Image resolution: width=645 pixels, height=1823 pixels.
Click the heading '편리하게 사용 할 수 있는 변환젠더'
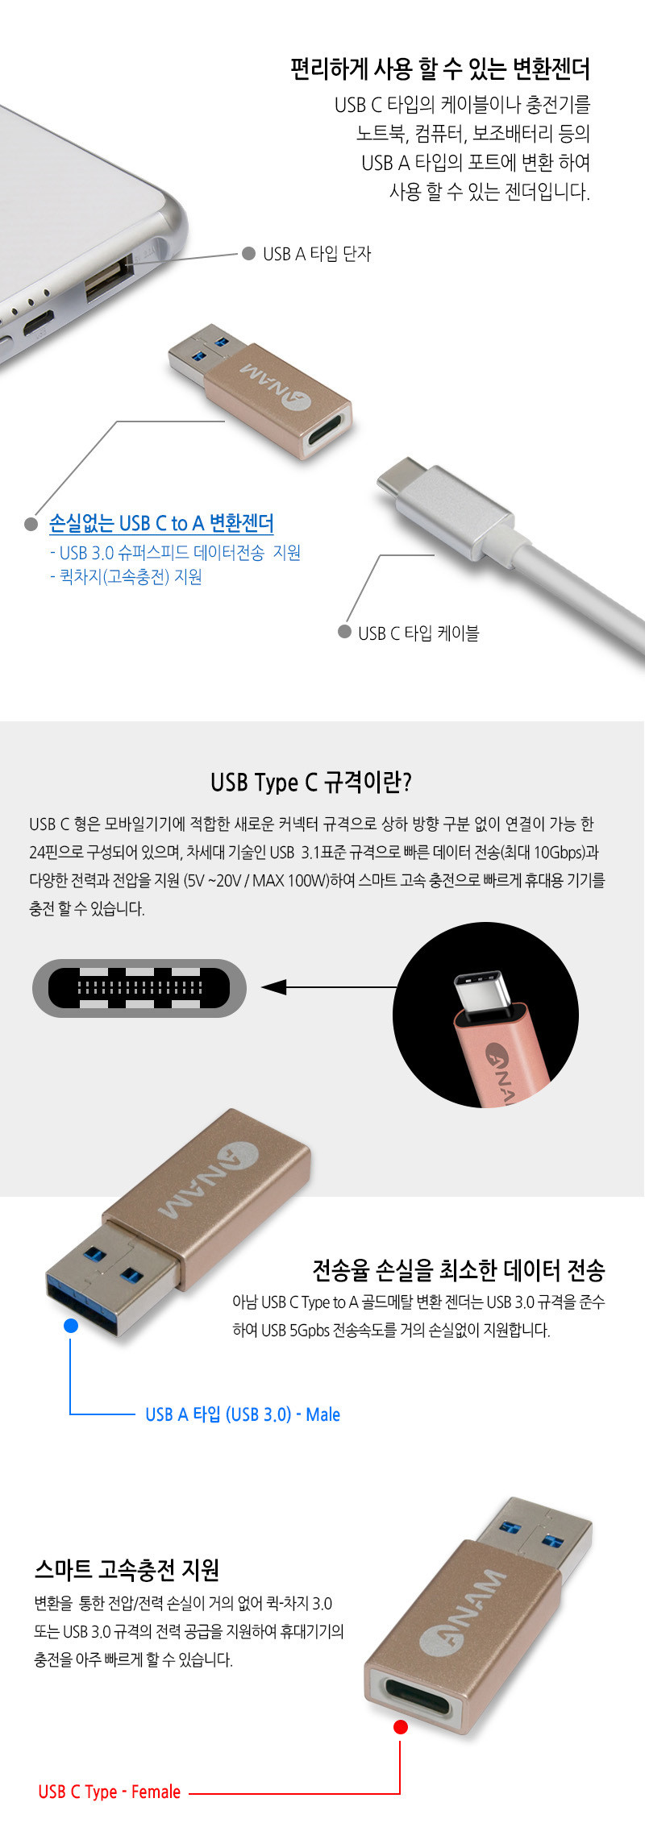440,69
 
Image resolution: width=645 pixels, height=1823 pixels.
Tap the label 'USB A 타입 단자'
317,254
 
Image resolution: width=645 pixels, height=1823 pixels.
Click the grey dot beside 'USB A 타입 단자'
249,253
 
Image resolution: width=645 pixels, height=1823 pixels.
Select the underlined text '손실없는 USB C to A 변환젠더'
161,523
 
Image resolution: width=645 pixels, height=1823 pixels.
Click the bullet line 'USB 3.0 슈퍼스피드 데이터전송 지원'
175,553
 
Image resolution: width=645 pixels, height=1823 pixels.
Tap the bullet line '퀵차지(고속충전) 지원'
126,577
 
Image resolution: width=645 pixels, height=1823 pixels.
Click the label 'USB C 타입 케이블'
418,633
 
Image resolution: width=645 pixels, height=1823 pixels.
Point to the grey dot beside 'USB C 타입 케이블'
344,632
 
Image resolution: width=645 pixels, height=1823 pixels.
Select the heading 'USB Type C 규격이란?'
311,783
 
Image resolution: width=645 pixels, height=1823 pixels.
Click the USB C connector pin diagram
139,988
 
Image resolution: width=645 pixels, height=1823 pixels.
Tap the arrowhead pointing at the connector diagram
274,987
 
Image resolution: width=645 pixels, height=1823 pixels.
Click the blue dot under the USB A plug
71,1326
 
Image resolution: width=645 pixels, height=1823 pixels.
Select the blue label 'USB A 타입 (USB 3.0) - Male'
243,1414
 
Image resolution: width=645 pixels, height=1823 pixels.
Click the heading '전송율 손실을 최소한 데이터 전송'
459,1270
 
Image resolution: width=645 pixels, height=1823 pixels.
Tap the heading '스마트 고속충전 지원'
127,1569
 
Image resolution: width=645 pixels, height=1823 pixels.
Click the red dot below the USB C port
400,1727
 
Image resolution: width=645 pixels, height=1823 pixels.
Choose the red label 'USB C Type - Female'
110,1792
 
